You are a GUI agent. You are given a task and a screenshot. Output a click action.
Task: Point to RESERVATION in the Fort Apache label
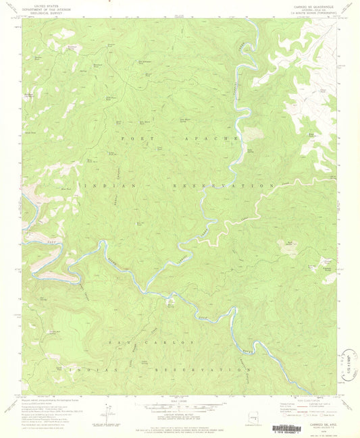pyautogui.click(x=229, y=185)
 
